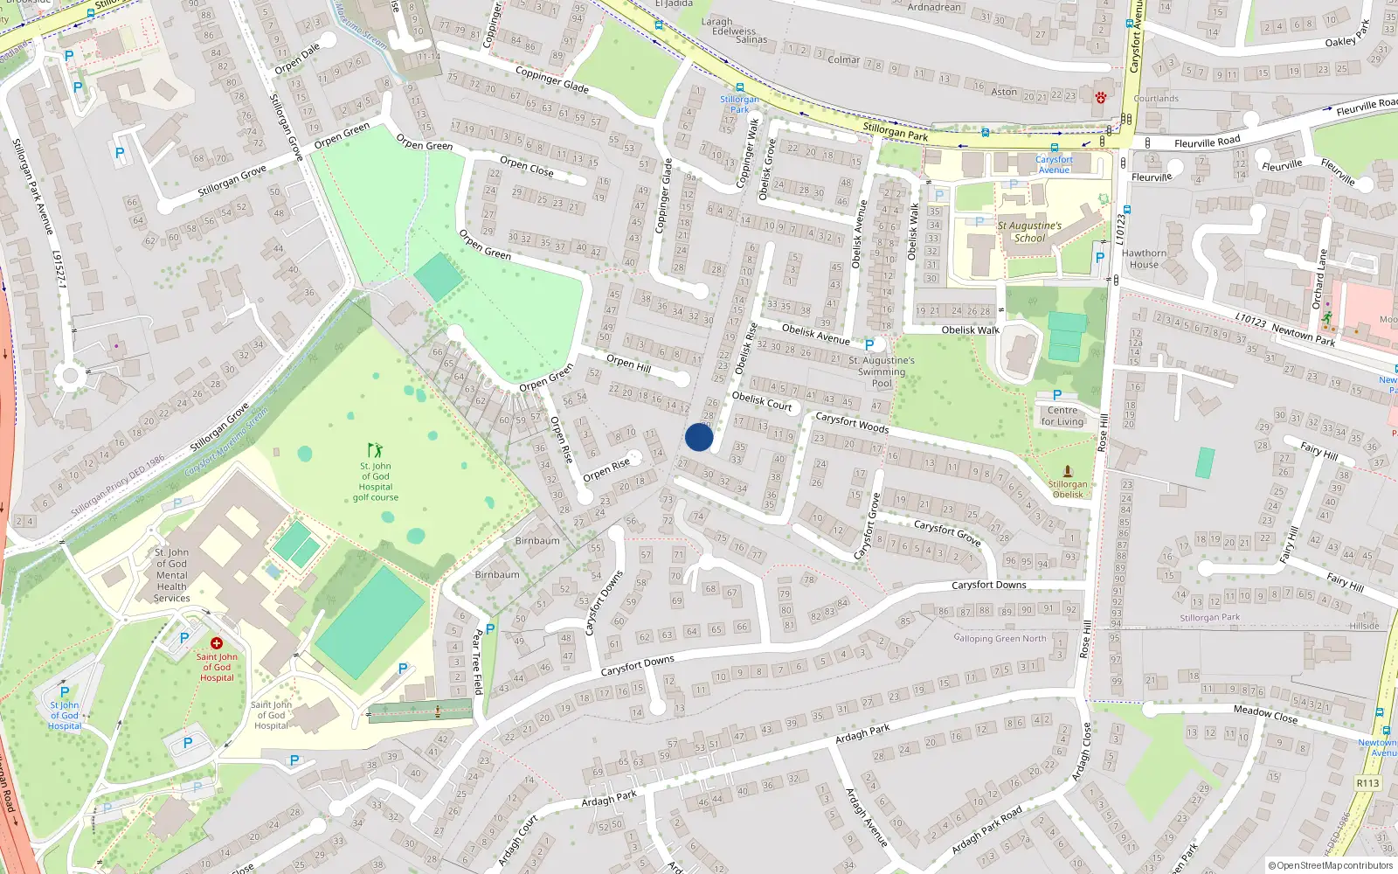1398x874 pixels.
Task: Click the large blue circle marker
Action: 699,437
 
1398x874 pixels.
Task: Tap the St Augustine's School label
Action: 1029,232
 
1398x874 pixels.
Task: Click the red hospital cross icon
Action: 217,643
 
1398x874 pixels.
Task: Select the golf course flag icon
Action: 375,450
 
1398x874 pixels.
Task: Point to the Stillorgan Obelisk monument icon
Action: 1067,471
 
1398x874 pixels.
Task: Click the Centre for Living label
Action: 1062,416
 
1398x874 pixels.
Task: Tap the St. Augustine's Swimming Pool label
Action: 882,371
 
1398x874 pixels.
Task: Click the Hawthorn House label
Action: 1144,259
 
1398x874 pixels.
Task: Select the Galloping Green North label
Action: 1000,638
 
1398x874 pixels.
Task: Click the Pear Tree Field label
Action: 477,662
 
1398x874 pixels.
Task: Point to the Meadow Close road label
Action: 1265,714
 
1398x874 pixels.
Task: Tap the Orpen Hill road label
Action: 628,363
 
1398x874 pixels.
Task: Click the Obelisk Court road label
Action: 762,401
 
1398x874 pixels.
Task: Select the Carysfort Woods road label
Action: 852,422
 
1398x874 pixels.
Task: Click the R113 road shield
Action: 1367,783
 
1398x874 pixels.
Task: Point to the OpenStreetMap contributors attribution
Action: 1331,865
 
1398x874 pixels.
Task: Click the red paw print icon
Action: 1101,98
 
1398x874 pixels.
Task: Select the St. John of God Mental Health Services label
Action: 171,575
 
